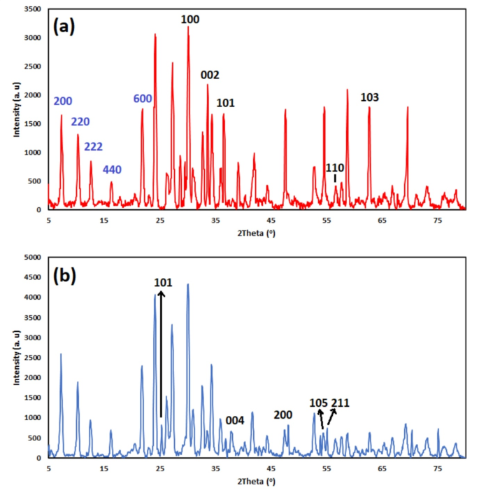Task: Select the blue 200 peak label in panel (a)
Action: point(63,102)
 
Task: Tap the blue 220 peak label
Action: point(80,122)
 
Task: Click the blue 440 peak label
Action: point(112,170)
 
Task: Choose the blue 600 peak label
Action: point(143,99)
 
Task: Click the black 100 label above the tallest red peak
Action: point(190,20)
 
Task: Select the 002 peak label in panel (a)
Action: point(210,76)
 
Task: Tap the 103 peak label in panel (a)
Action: point(369,97)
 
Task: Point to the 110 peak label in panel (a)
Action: point(335,168)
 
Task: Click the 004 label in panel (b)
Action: point(235,420)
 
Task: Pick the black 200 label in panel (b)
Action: point(283,414)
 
